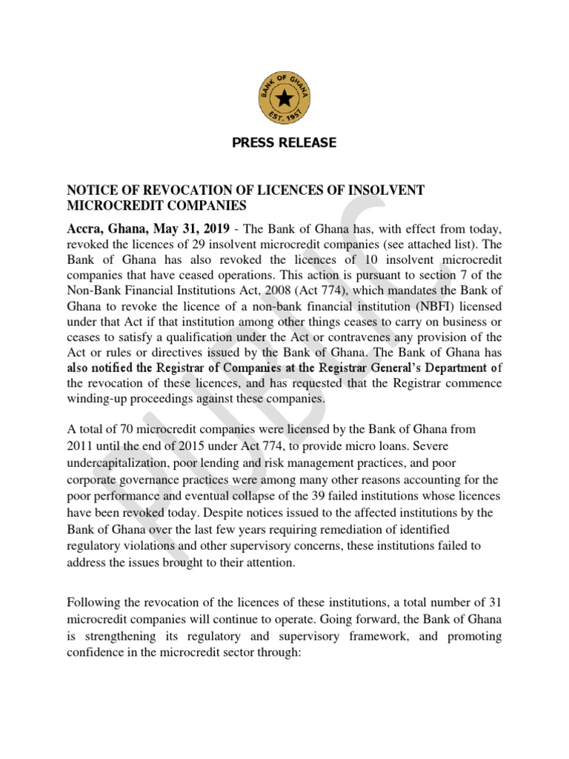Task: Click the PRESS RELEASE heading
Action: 284,142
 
